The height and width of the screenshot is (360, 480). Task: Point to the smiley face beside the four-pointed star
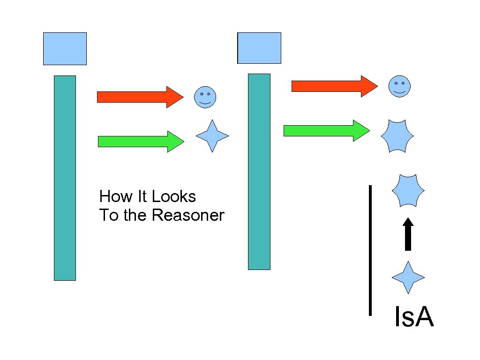[205, 97]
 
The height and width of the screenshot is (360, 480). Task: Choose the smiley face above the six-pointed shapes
[399, 86]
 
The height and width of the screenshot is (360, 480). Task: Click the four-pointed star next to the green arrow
[212, 136]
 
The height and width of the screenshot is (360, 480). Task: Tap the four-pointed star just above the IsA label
[408, 277]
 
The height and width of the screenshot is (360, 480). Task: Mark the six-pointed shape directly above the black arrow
[408, 190]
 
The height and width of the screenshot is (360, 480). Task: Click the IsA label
[414, 317]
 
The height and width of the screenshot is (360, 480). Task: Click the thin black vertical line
[370, 250]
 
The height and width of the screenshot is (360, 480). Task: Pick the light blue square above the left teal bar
[65, 49]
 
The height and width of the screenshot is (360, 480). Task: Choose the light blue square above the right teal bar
[259, 48]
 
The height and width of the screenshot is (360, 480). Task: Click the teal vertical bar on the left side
[65, 178]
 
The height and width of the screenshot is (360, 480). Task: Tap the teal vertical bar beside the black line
[259, 172]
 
